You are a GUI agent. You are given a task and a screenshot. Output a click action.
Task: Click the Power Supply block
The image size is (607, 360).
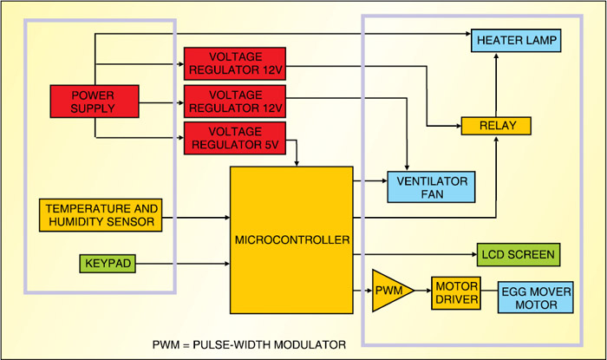point(94,101)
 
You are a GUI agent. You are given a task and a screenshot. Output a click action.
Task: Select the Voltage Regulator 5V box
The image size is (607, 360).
point(236,140)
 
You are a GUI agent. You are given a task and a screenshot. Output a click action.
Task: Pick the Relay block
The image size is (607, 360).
point(495,126)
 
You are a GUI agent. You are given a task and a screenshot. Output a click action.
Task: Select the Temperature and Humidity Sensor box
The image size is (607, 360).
point(101,215)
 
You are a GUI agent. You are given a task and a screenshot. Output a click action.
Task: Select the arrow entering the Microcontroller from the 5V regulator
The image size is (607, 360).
point(297,156)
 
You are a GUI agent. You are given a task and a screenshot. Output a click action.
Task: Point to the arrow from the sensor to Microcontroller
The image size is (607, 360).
point(196,215)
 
